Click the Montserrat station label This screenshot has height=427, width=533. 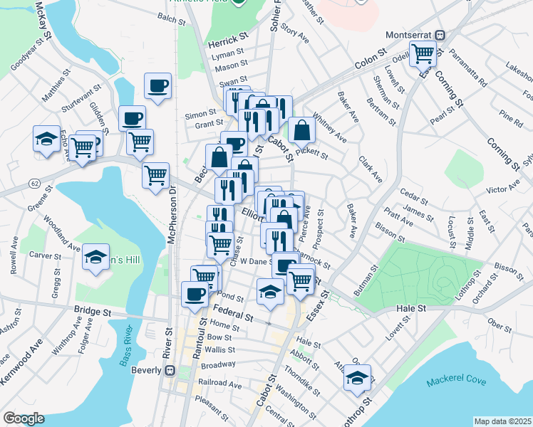[410, 33]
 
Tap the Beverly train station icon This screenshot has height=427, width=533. [169, 370]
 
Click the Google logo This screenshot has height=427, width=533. [24, 419]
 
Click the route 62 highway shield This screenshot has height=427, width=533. [34, 184]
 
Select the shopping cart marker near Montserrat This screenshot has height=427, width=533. [423, 53]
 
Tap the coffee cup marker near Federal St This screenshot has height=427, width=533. [195, 293]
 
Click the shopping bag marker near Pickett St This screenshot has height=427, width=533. [302, 130]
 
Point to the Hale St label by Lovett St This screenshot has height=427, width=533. [410, 308]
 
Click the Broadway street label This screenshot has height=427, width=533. [218, 364]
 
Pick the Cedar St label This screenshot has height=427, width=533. [412, 192]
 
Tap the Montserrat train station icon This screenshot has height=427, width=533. [440, 33]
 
